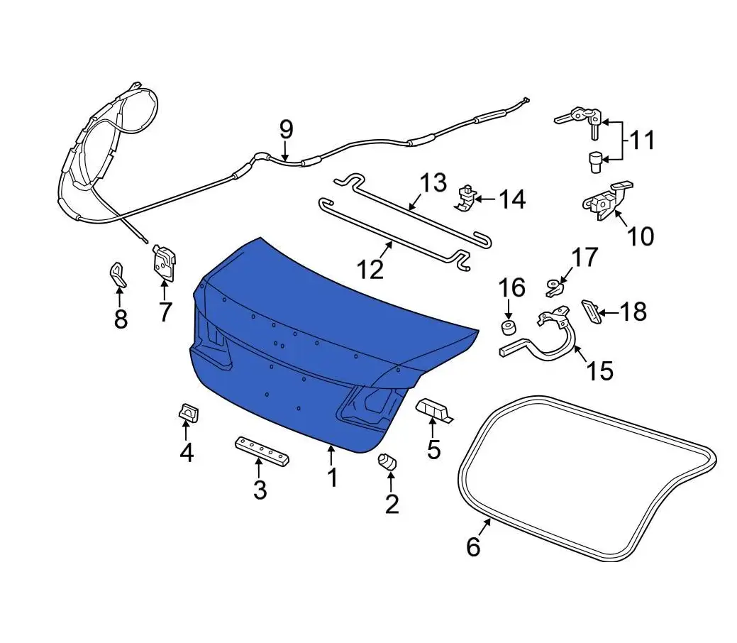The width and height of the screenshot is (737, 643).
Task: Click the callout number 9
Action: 287,130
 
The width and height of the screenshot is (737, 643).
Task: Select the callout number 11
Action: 641,141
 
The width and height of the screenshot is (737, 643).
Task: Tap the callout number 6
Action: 473,546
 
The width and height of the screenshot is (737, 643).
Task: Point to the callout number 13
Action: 433,182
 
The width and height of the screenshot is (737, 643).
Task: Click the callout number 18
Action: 633,312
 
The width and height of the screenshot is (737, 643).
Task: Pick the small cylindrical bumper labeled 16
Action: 508,328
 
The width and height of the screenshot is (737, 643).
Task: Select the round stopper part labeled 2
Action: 387,461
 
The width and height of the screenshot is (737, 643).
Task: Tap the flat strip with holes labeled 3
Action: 262,451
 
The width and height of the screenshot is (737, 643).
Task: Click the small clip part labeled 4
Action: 189,412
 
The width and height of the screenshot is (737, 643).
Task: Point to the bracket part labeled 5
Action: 433,410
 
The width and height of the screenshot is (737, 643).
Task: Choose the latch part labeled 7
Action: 164,263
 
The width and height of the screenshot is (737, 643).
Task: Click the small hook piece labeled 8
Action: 118,275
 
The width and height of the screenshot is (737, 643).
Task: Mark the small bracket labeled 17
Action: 554,287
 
